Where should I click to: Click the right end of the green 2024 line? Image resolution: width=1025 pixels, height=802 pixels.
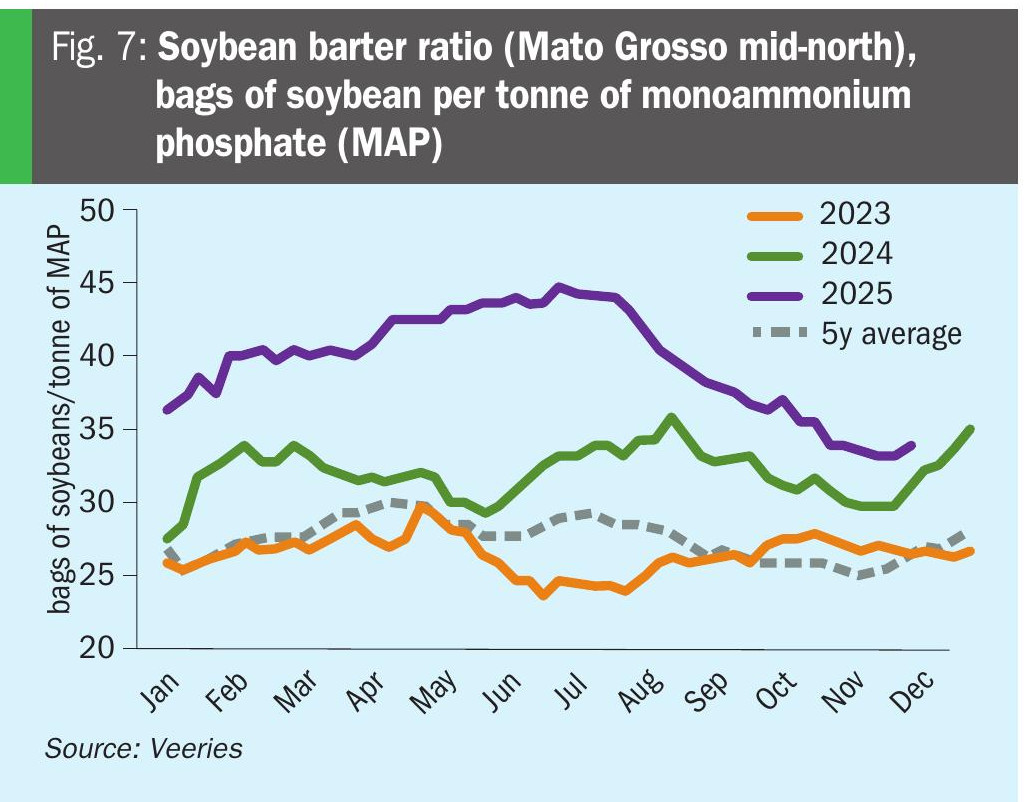coord(970,428)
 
